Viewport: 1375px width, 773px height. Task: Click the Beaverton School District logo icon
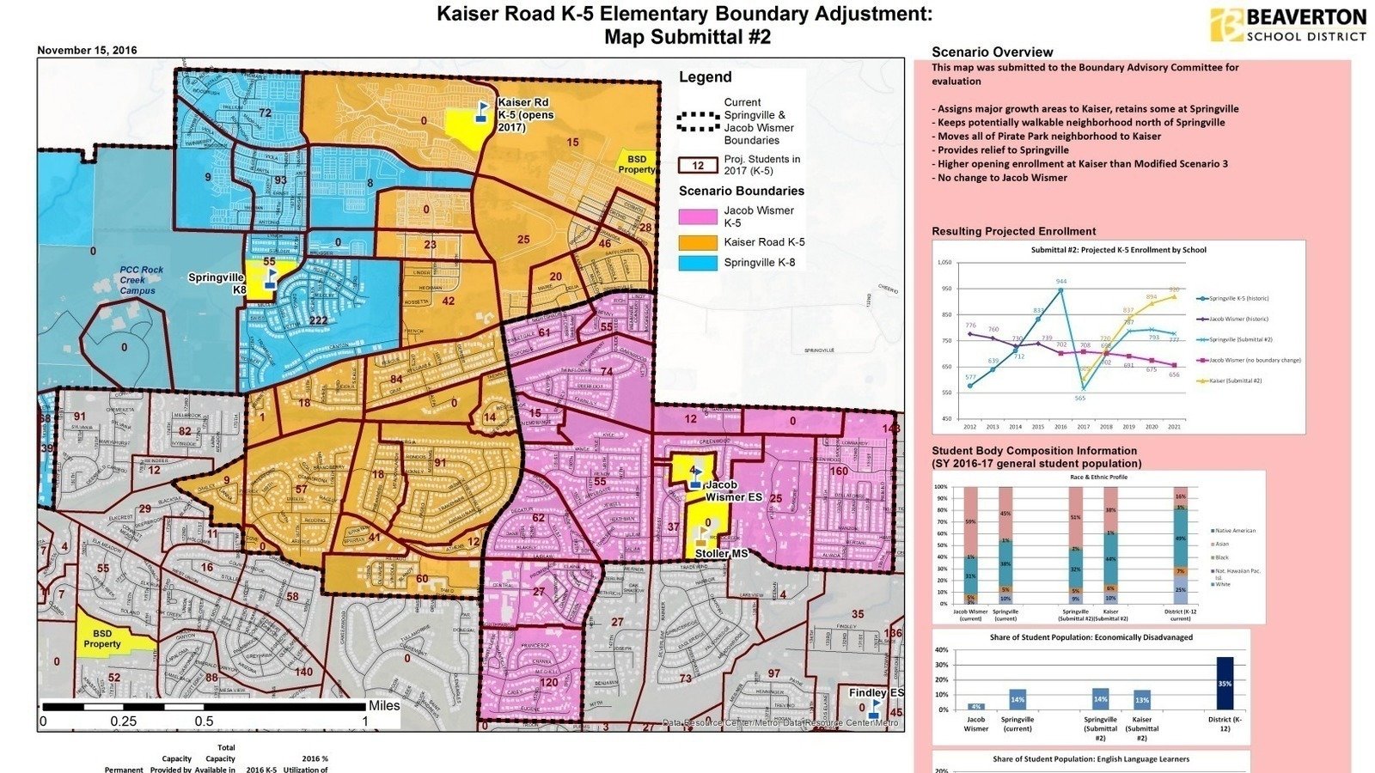[1226, 25]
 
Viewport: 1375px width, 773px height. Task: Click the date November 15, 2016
[87, 51]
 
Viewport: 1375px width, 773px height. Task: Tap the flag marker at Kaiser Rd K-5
[482, 113]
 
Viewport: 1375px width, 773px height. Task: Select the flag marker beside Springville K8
[269, 280]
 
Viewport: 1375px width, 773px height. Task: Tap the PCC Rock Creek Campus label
[141, 280]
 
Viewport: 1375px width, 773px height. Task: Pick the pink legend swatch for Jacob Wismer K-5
[697, 216]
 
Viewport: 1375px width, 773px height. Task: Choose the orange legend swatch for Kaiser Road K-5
[697, 242]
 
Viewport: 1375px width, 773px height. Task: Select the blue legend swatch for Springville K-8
[697, 264]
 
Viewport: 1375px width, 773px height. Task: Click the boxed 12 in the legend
[698, 166]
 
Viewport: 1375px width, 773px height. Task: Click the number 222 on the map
[318, 320]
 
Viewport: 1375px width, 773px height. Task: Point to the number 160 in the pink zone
[838, 471]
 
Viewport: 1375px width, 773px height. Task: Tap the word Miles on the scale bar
[384, 706]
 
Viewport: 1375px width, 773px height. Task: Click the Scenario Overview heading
[992, 52]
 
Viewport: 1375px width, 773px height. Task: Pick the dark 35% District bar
[1225, 684]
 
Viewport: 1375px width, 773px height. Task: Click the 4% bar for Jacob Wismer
[976, 707]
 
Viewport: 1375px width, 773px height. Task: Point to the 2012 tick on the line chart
[970, 427]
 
